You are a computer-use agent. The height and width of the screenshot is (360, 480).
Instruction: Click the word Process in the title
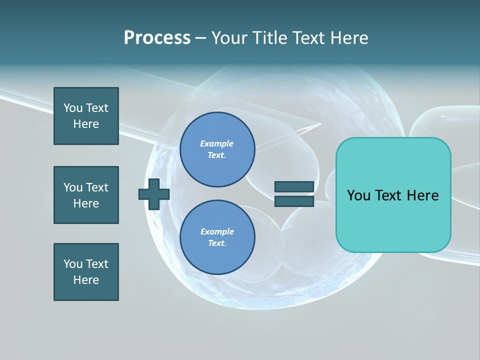157,38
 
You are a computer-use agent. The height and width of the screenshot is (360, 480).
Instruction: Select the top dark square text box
86,116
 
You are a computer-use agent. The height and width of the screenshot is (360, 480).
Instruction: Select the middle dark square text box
86,195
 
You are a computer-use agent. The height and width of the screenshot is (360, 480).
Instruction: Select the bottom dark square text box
86,272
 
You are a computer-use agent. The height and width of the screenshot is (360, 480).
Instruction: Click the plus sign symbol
154,194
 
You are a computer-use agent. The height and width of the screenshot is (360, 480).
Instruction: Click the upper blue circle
217,149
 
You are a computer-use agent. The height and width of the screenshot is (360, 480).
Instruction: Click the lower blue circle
217,237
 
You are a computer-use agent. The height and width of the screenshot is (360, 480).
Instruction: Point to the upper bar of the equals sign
294,186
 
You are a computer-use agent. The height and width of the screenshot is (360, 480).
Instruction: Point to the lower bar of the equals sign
294,201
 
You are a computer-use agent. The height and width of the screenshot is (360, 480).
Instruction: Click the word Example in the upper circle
216,143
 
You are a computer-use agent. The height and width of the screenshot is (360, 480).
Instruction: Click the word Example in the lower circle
217,231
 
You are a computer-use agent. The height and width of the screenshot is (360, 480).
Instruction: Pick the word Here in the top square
86,124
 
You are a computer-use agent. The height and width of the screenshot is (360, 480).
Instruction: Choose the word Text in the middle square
96,187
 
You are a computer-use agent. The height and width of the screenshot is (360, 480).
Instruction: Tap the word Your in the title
229,38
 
